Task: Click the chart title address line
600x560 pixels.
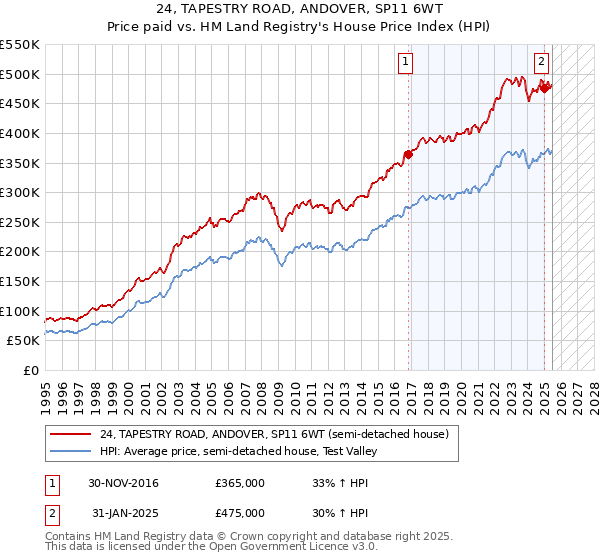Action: (x=300, y=10)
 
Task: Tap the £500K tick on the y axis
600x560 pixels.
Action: (x=22, y=74)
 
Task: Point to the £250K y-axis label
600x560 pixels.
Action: (x=22, y=222)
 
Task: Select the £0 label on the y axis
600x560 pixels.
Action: (x=32, y=370)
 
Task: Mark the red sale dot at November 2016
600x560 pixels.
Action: (x=408, y=154)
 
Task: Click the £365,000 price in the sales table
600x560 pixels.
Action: (x=240, y=483)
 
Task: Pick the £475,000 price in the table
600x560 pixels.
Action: (x=240, y=512)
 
